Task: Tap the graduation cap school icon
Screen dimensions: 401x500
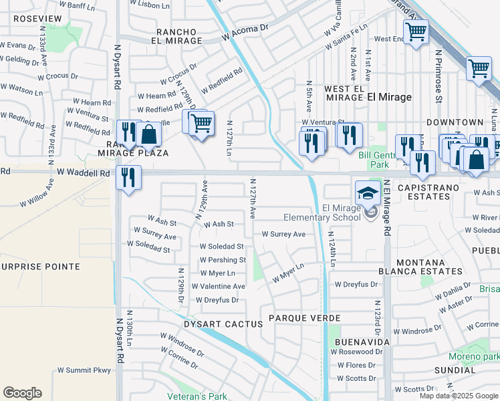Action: [x=367, y=193]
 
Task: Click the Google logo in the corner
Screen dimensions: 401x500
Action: [x=22, y=393]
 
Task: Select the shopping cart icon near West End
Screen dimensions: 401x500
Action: [x=416, y=31]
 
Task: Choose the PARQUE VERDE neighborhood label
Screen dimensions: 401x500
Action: [x=305, y=317]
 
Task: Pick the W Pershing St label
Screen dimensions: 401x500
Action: [x=223, y=260]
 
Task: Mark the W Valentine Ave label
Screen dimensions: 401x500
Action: [x=218, y=286]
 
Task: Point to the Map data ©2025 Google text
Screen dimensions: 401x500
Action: [x=458, y=396]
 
